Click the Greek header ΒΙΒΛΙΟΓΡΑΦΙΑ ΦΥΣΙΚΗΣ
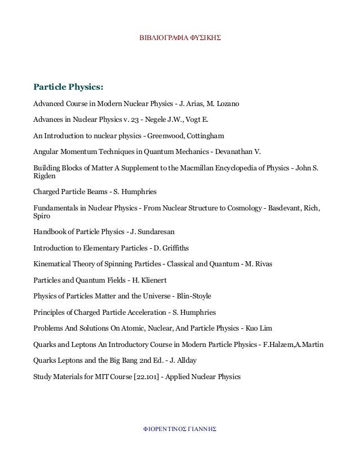click(x=179, y=41)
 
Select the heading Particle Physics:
click(x=68, y=87)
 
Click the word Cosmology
click(x=236, y=208)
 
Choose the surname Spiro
click(x=42, y=216)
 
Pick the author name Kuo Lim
click(x=258, y=327)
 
